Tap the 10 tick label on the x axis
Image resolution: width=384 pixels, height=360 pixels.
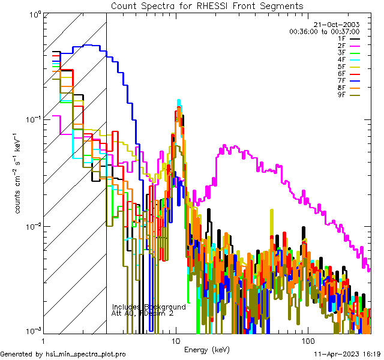point(175,340)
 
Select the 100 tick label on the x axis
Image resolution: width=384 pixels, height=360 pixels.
point(307,340)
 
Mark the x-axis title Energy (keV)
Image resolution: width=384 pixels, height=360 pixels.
point(207,349)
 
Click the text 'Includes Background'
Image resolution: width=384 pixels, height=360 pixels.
point(149,307)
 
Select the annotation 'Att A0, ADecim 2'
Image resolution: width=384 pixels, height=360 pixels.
point(143,313)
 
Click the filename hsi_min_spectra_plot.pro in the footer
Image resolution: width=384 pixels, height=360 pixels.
point(86,355)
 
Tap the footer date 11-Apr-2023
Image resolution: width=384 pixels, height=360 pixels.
point(336,355)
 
